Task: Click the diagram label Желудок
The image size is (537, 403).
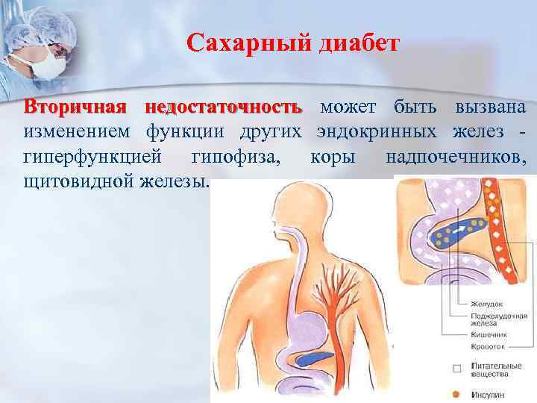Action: pos(488,304)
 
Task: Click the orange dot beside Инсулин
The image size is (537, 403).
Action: pos(456,393)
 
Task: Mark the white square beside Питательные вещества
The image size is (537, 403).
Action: pos(456,368)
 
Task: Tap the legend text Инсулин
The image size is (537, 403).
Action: pos(489,393)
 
